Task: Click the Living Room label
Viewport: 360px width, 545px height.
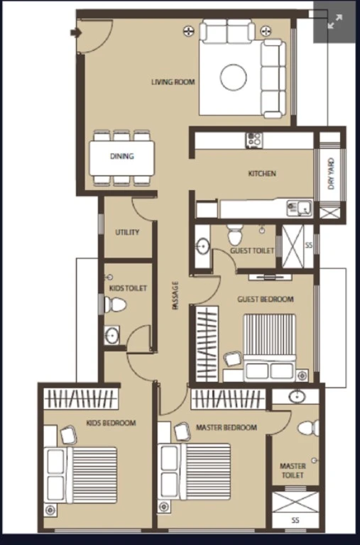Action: point(173,82)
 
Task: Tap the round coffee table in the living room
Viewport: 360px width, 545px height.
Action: point(234,77)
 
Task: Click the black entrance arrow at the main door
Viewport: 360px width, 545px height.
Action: point(76,33)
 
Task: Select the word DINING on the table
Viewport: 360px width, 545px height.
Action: point(122,156)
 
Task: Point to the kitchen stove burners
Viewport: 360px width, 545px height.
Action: point(254,140)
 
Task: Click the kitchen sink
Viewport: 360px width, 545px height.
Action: point(300,208)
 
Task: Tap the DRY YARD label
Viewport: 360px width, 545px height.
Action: point(331,174)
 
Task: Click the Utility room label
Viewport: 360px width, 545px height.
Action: point(127,232)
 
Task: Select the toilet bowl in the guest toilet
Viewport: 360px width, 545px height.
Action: point(235,235)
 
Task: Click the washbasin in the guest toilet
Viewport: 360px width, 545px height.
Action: point(202,246)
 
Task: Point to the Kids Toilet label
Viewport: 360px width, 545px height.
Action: point(128,288)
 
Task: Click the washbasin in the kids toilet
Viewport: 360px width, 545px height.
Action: point(111,336)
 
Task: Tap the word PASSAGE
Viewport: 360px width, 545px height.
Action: point(175,295)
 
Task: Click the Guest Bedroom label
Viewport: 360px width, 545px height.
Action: point(266,299)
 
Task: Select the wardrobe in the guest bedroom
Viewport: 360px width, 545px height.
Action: point(207,344)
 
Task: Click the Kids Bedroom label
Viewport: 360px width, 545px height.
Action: point(111,423)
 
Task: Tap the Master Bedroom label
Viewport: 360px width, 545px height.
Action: point(227,427)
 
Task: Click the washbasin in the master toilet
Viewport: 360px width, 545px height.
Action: point(298,396)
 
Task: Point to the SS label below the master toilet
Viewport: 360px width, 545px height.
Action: point(295,520)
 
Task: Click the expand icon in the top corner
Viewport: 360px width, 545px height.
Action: point(335,21)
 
